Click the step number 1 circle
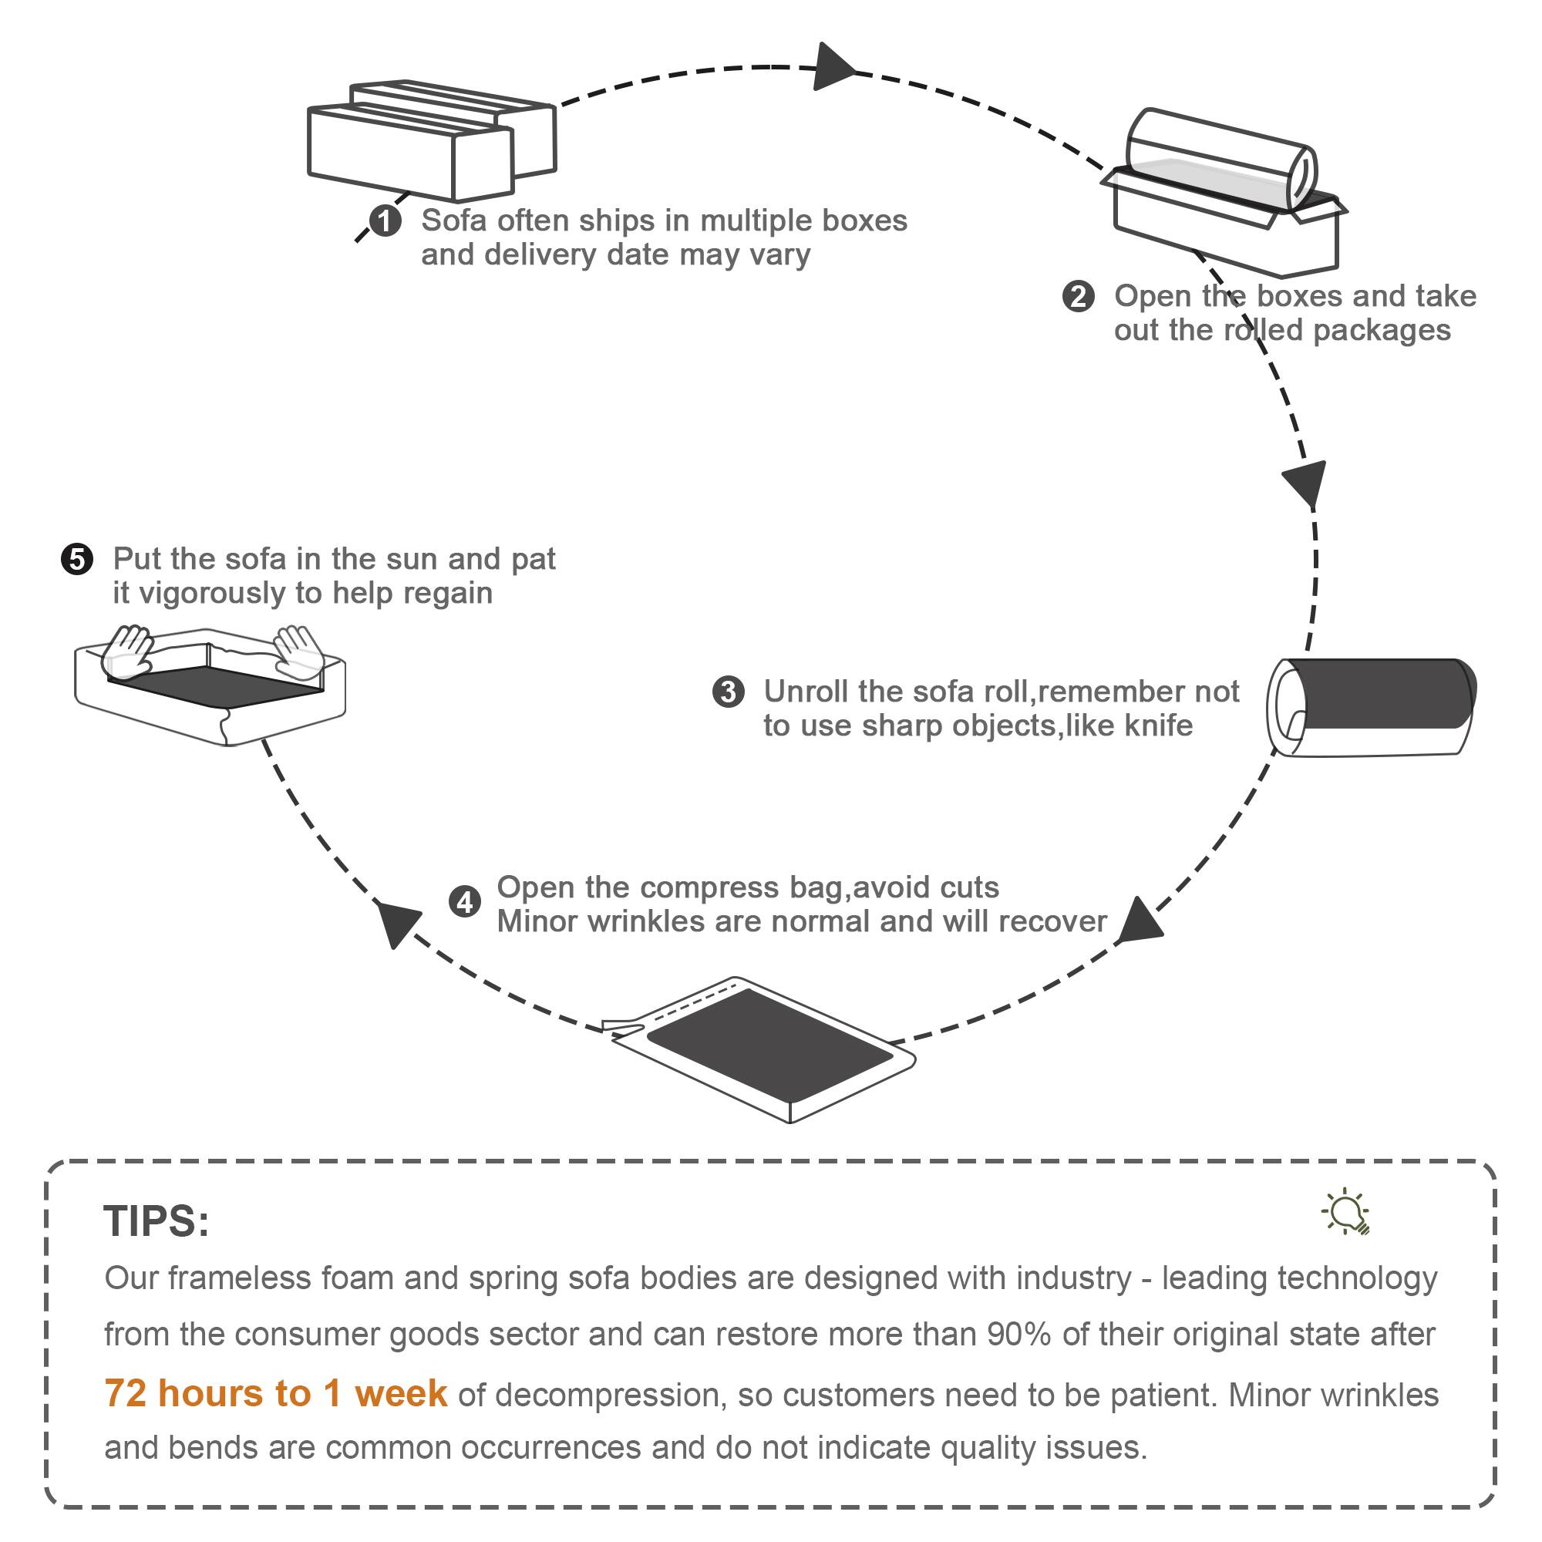[x=385, y=221]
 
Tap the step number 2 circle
[x=1078, y=296]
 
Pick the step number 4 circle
[x=464, y=903]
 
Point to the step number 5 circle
[x=77, y=559]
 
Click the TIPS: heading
[x=157, y=1221]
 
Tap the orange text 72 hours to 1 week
[x=275, y=1393]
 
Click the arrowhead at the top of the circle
[x=834, y=67]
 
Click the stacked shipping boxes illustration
[x=431, y=140]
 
